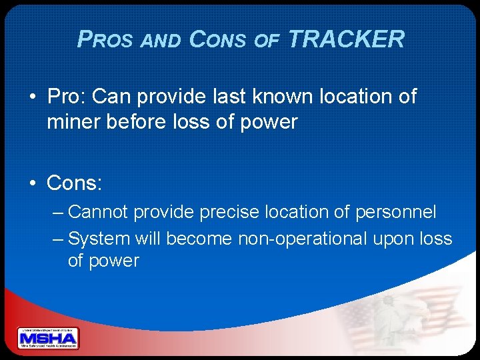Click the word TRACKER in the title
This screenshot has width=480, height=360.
pyautogui.click(x=346, y=39)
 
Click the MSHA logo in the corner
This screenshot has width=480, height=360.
pyautogui.click(x=48, y=338)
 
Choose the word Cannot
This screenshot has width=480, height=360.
pyautogui.click(x=99, y=212)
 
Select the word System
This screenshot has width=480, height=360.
pyautogui.click(x=99, y=238)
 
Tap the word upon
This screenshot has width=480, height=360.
pyautogui.click(x=396, y=239)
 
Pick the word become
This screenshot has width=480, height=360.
pyautogui.click(x=199, y=238)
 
